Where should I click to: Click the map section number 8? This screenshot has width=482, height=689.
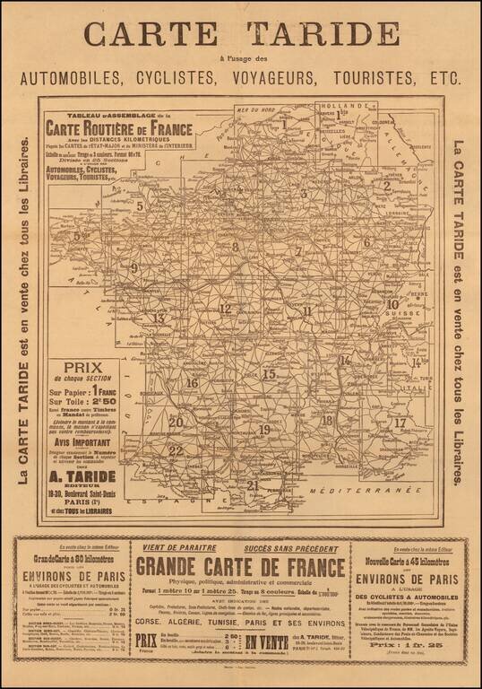[x=235, y=247]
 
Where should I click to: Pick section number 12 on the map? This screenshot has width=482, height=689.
[x=225, y=309]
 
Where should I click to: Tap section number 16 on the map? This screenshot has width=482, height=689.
[x=192, y=383]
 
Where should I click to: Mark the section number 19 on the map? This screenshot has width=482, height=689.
[x=264, y=430]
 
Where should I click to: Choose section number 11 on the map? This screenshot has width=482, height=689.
[x=307, y=311]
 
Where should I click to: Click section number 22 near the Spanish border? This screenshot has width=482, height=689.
[x=176, y=450]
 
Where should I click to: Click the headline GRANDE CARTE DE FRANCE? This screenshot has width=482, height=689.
[x=240, y=568]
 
